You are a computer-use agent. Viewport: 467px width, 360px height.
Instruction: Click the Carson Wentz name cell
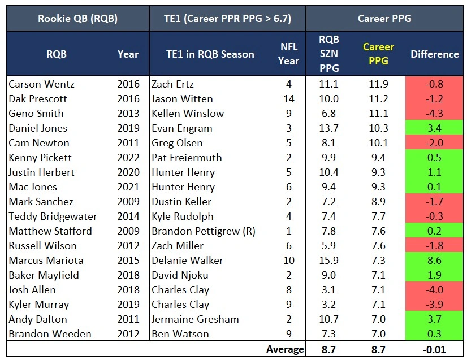pyautogui.click(x=42, y=84)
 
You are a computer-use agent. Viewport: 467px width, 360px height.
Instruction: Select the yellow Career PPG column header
pyautogui.click(x=378, y=54)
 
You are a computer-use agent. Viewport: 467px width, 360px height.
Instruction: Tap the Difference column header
pyautogui.click(x=434, y=54)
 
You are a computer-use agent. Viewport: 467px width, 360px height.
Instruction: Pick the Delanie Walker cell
pyautogui.click(x=187, y=261)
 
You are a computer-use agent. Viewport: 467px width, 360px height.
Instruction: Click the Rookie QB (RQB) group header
pyautogui.click(x=77, y=19)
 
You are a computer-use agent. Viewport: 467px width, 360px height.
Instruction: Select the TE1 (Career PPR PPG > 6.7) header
pyautogui.click(x=227, y=19)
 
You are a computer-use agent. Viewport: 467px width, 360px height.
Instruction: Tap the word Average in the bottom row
pyautogui.click(x=285, y=349)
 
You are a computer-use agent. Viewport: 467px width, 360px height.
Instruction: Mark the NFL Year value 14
pyautogui.click(x=288, y=99)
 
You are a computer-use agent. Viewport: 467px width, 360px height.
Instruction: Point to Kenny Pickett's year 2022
pyautogui.click(x=128, y=158)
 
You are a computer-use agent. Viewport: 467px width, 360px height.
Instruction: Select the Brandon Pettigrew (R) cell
pyautogui.click(x=202, y=231)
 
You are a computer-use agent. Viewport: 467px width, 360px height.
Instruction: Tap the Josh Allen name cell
pyautogui.click(x=32, y=290)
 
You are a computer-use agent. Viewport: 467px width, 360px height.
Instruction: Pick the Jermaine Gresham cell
pyautogui.click(x=195, y=319)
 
